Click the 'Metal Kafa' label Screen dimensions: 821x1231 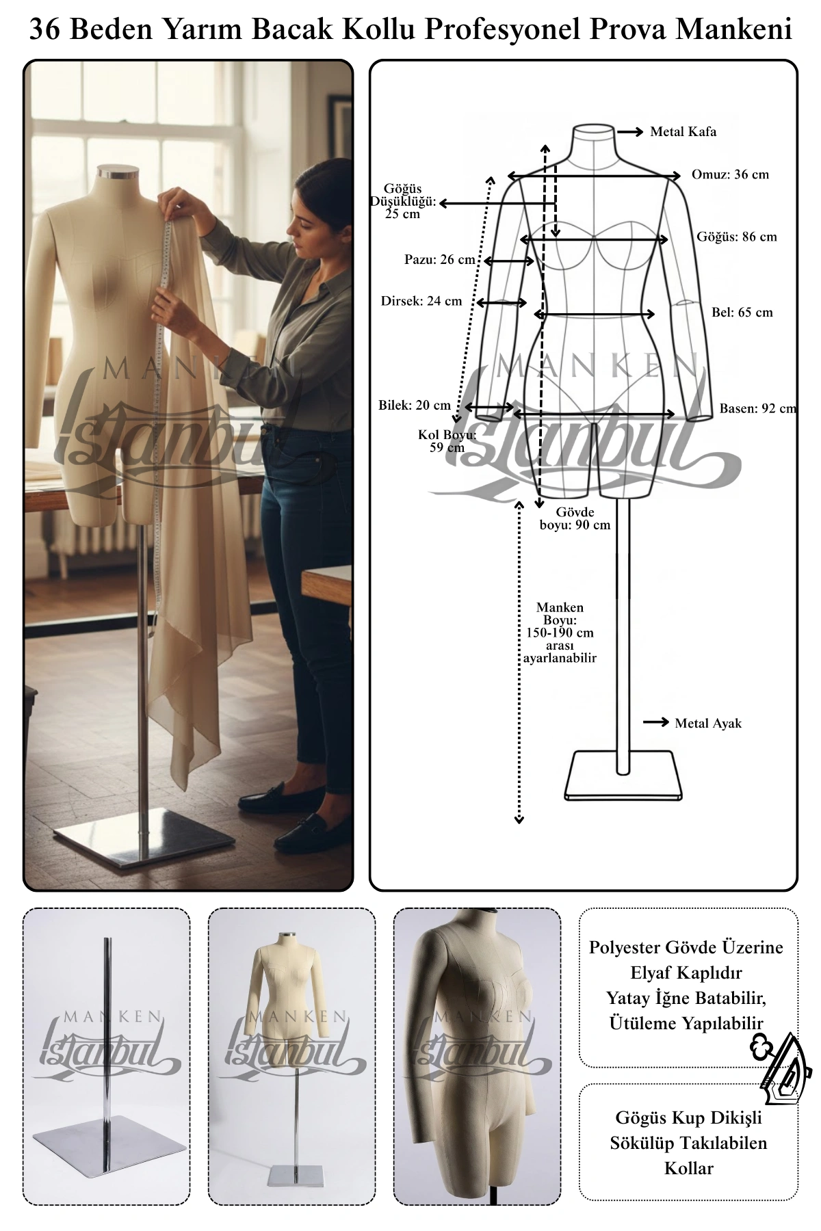click(683, 132)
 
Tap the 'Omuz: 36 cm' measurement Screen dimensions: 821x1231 click(730, 174)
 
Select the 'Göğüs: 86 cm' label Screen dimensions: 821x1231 click(737, 237)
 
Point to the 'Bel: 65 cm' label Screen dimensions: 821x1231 click(742, 313)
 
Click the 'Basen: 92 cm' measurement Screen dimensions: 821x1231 click(758, 409)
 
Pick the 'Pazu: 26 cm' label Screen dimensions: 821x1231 click(439, 260)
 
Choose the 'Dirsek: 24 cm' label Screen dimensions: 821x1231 click(421, 301)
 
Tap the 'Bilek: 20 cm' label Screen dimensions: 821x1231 click(415, 406)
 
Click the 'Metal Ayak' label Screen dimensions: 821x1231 click(708, 724)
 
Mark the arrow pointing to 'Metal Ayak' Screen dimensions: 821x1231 click(656, 722)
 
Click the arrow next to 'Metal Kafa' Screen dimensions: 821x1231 click(630, 131)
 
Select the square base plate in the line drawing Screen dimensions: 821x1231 click(623, 776)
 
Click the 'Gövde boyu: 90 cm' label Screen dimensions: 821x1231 click(575, 518)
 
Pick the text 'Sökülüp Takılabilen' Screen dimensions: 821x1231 click(688, 1143)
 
